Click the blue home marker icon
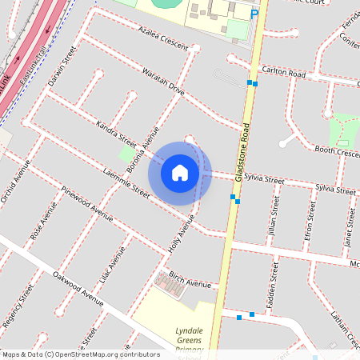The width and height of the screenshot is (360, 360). tap(180, 172)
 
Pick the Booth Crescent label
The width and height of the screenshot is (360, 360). tap(336, 150)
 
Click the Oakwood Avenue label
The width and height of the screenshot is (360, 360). tap(78, 288)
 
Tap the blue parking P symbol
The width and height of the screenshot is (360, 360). tap(254, 14)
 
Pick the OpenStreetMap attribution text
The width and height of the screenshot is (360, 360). tap(81, 354)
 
